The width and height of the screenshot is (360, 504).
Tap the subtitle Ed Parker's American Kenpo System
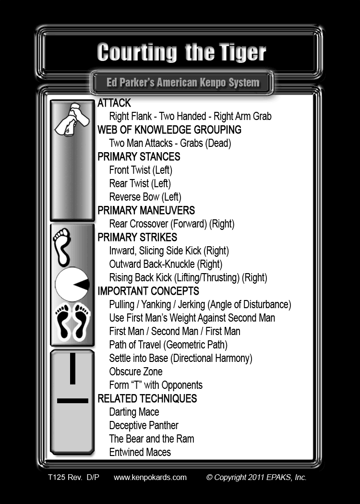click(x=183, y=83)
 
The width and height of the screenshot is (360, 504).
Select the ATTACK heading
click(x=114, y=103)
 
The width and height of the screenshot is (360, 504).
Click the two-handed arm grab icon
click(x=72, y=120)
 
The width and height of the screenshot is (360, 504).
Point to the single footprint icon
click(x=62, y=247)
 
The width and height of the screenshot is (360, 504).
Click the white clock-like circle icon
click(x=72, y=285)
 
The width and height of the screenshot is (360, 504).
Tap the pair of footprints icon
click(x=72, y=322)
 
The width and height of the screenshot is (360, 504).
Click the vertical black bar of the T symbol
click(x=72, y=368)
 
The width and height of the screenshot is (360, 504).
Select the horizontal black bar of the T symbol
click(x=72, y=400)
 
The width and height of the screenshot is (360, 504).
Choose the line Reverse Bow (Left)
click(x=145, y=197)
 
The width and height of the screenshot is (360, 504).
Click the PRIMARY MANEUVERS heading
click(x=146, y=210)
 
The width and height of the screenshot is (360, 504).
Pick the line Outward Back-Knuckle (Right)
click(x=166, y=264)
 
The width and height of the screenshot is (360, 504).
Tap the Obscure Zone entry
click(x=136, y=371)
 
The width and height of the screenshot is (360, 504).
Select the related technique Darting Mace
click(x=134, y=412)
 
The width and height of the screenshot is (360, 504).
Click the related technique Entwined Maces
click(x=140, y=452)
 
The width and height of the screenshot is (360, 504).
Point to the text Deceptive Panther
click(x=144, y=425)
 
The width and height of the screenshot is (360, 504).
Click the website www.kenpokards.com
click(x=150, y=477)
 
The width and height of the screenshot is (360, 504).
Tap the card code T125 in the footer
click(x=56, y=477)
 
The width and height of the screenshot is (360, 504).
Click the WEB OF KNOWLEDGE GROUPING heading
click(x=169, y=130)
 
